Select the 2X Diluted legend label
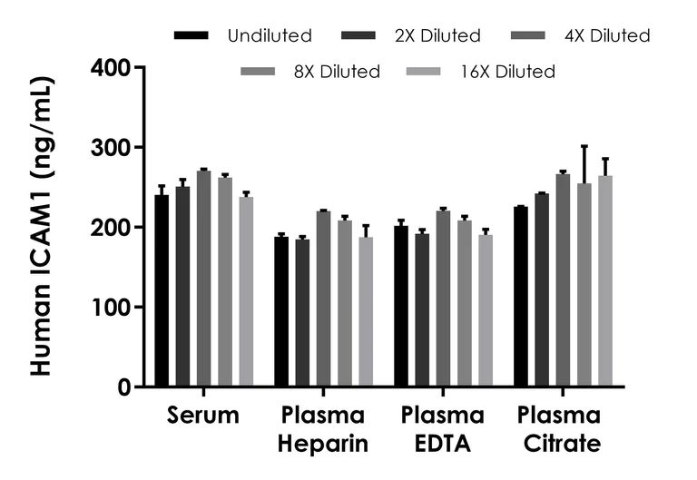point(437,36)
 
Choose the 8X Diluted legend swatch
point(258,71)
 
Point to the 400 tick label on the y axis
point(112,67)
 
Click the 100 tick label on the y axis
point(112,307)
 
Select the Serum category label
point(203,416)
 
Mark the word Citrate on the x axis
point(560,444)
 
